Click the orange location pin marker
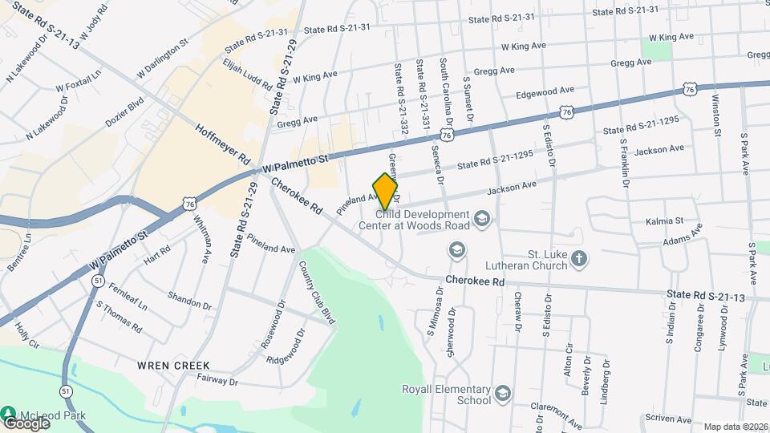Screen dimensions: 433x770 pos(386,192)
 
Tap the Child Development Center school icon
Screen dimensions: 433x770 pos(482,218)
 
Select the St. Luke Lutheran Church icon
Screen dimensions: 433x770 pos(580,259)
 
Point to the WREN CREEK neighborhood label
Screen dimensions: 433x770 pos(168,365)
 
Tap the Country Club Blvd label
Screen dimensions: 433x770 pos(316,292)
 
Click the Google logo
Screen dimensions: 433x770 pos(26,423)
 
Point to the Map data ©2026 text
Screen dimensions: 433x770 pos(735,427)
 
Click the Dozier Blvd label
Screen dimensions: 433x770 pos(124,113)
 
